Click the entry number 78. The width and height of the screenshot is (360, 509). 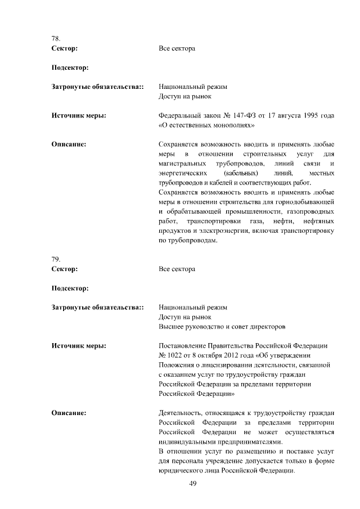[55, 39]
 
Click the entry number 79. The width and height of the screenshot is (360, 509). [55, 259]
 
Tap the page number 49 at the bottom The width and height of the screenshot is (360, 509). [193, 484]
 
